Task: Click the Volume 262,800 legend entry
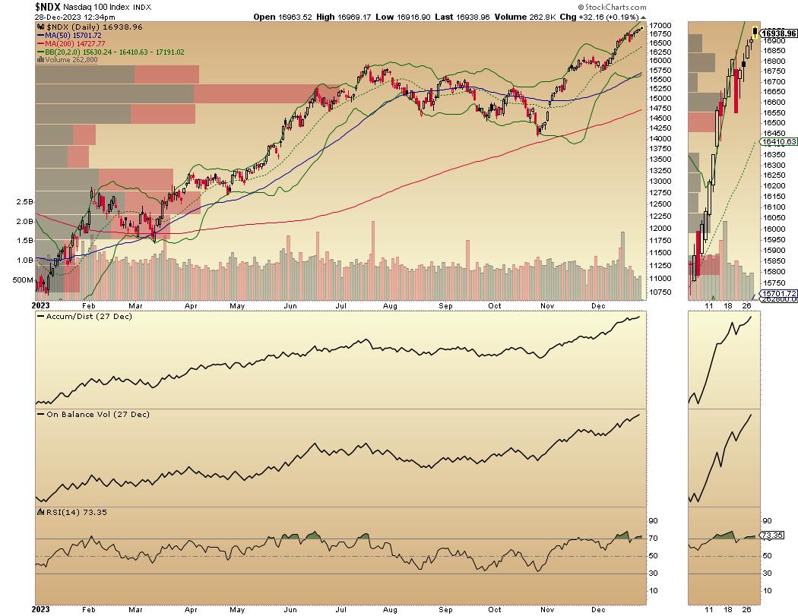[69, 61]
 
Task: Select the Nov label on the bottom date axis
[546, 608]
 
